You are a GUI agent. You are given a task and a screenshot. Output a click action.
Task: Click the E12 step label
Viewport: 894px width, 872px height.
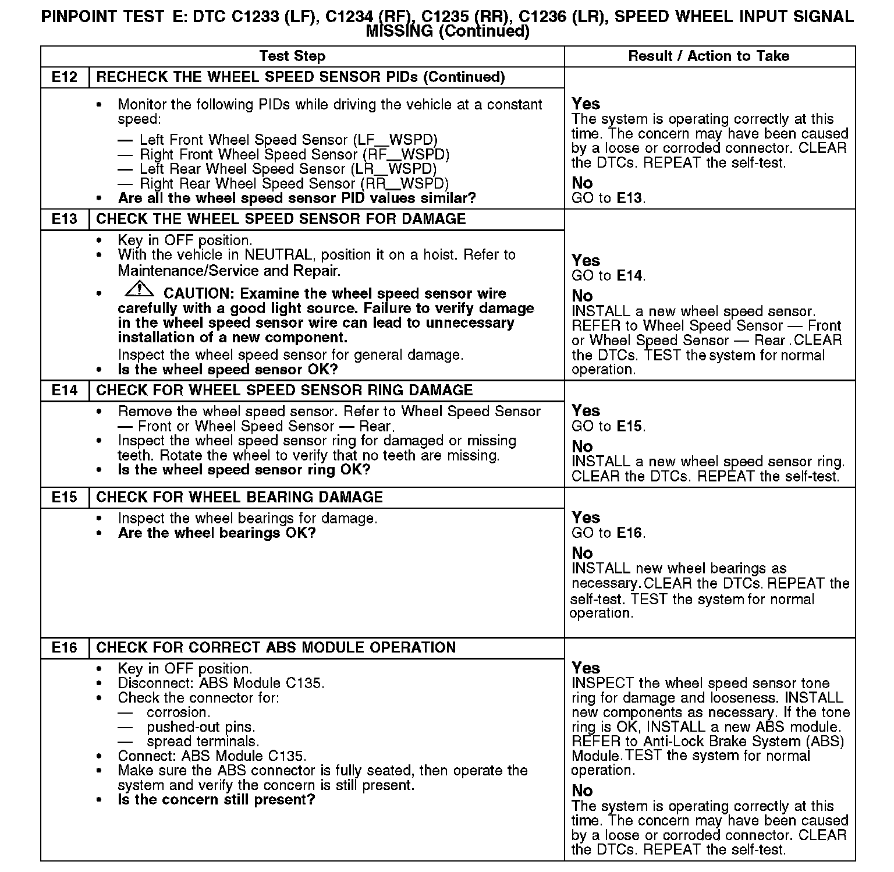pyautogui.click(x=64, y=77)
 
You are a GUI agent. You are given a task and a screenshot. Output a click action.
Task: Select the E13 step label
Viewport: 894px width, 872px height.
pyautogui.click(x=64, y=219)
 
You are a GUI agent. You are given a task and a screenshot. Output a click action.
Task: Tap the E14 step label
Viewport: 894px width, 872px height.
pyautogui.click(x=64, y=391)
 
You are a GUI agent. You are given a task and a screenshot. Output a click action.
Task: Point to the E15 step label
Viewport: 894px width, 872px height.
pyautogui.click(x=64, y=498)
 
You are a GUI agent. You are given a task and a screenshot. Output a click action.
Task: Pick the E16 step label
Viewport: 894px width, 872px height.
pyautogui.click(x=64, y=648)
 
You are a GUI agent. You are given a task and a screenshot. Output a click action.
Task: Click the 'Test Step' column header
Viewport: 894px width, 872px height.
pyautogui.click(x=292, y=56)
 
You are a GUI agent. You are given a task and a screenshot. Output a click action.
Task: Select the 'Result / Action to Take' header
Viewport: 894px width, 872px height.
pyautogui.click(x=708, y=56)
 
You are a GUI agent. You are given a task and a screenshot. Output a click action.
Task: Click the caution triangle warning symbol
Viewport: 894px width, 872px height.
pyautogui.click(x=139, y=288)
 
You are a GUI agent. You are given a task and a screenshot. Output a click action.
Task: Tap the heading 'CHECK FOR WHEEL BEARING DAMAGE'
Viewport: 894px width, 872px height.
pyautogui.click(x=239, y=498)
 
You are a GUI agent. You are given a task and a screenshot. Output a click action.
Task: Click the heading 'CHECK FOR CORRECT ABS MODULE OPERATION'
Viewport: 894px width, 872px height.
pyautogui.click(x=276, y=648)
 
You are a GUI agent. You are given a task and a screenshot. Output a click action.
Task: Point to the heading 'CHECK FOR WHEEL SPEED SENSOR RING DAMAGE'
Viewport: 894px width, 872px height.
pyautogui.click(x=285, y=391)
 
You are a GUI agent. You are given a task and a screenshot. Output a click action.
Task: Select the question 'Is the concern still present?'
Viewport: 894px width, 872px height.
pyautogui.click(x=216, y=800)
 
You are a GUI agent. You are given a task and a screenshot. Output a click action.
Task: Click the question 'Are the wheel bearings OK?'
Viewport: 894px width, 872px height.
pyautogui.click(x=217, y=533)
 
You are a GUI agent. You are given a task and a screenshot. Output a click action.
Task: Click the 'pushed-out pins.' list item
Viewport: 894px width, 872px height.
pyautogui.click(x=201, y=727)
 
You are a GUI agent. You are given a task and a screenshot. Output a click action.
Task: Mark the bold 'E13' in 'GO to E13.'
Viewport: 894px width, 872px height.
pyautogui.click(x=629, y=198)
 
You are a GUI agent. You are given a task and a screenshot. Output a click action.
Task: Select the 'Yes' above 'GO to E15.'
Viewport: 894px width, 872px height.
pyautogui.click(x=586, y=411)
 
